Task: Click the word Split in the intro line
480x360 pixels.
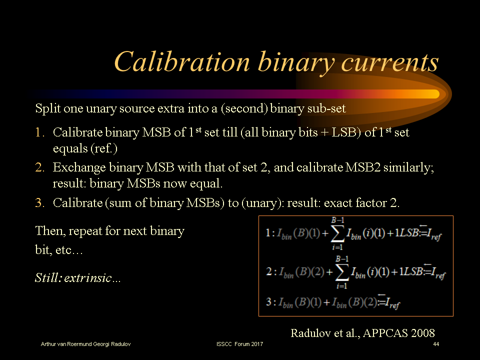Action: tap(46, 108)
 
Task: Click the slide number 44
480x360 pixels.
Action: tap(436, 345)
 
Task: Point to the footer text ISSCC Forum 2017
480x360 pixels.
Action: tap(240, 345)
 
